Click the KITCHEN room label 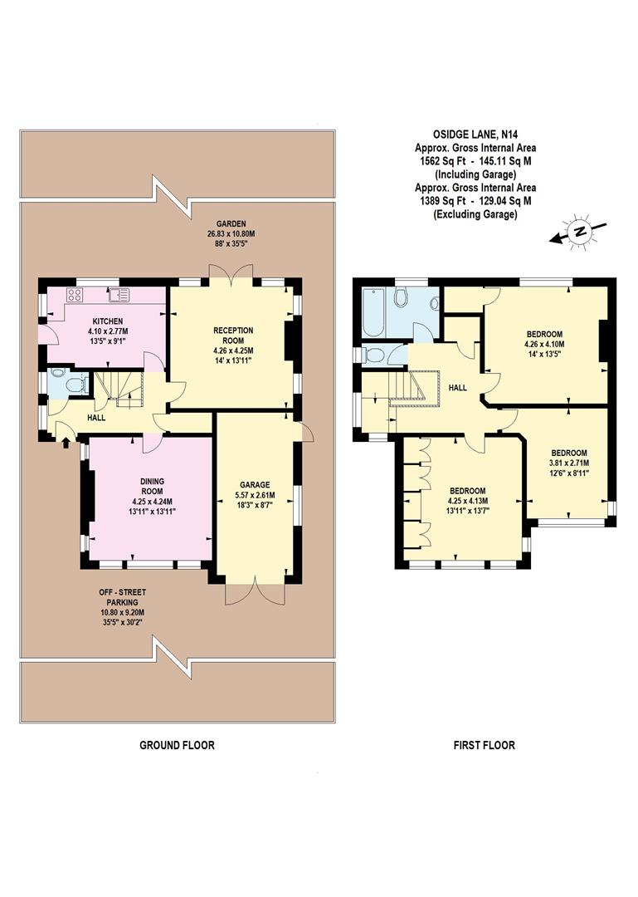pyautogui.click(x=108, y=321)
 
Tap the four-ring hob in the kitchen pyautogui.click(x=73, y=295)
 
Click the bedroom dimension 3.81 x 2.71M pyautogui.click(x=569, y=463)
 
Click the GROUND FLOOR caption pyautogui.click(x=176, y=745)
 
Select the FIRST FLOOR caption pyautogui.click(x=484, y=745)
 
